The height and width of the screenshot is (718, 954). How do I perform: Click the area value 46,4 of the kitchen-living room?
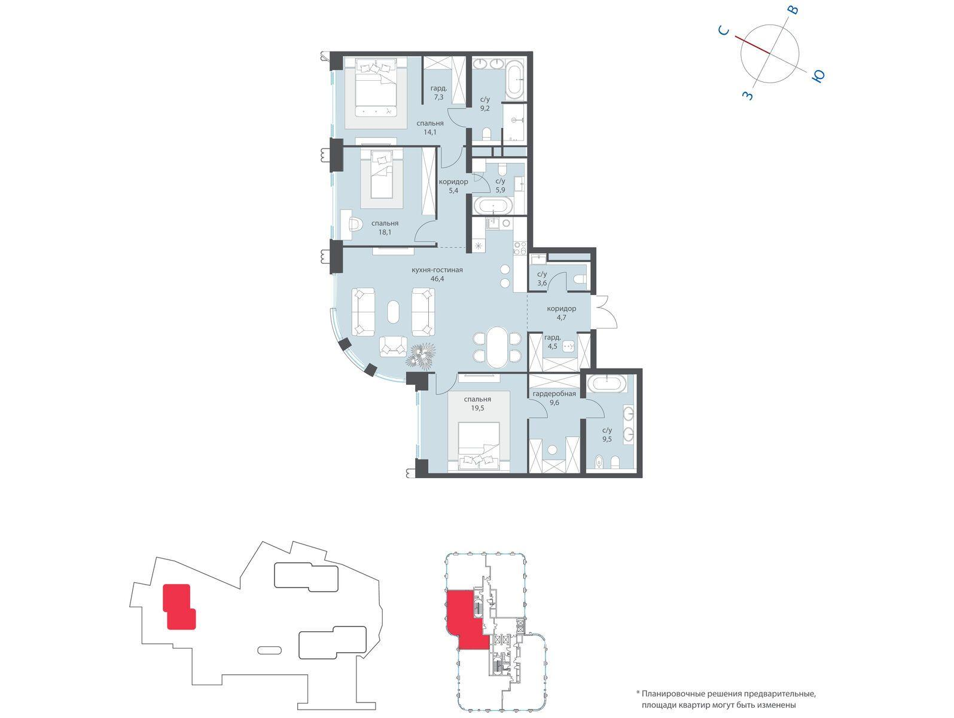tap(437, 279)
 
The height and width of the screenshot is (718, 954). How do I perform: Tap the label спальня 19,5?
tap(477, 404)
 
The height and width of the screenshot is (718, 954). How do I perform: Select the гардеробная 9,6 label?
tap(554, 398)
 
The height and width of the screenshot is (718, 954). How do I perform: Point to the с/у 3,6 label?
tap(541, 279)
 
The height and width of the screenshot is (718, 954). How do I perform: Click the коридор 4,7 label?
tap(562, 313)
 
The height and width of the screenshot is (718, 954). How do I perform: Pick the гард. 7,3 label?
tap(438, 93)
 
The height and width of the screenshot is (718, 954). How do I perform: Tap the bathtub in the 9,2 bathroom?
tap(516, 81)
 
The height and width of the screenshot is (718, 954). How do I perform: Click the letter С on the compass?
tap(724, 30)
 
